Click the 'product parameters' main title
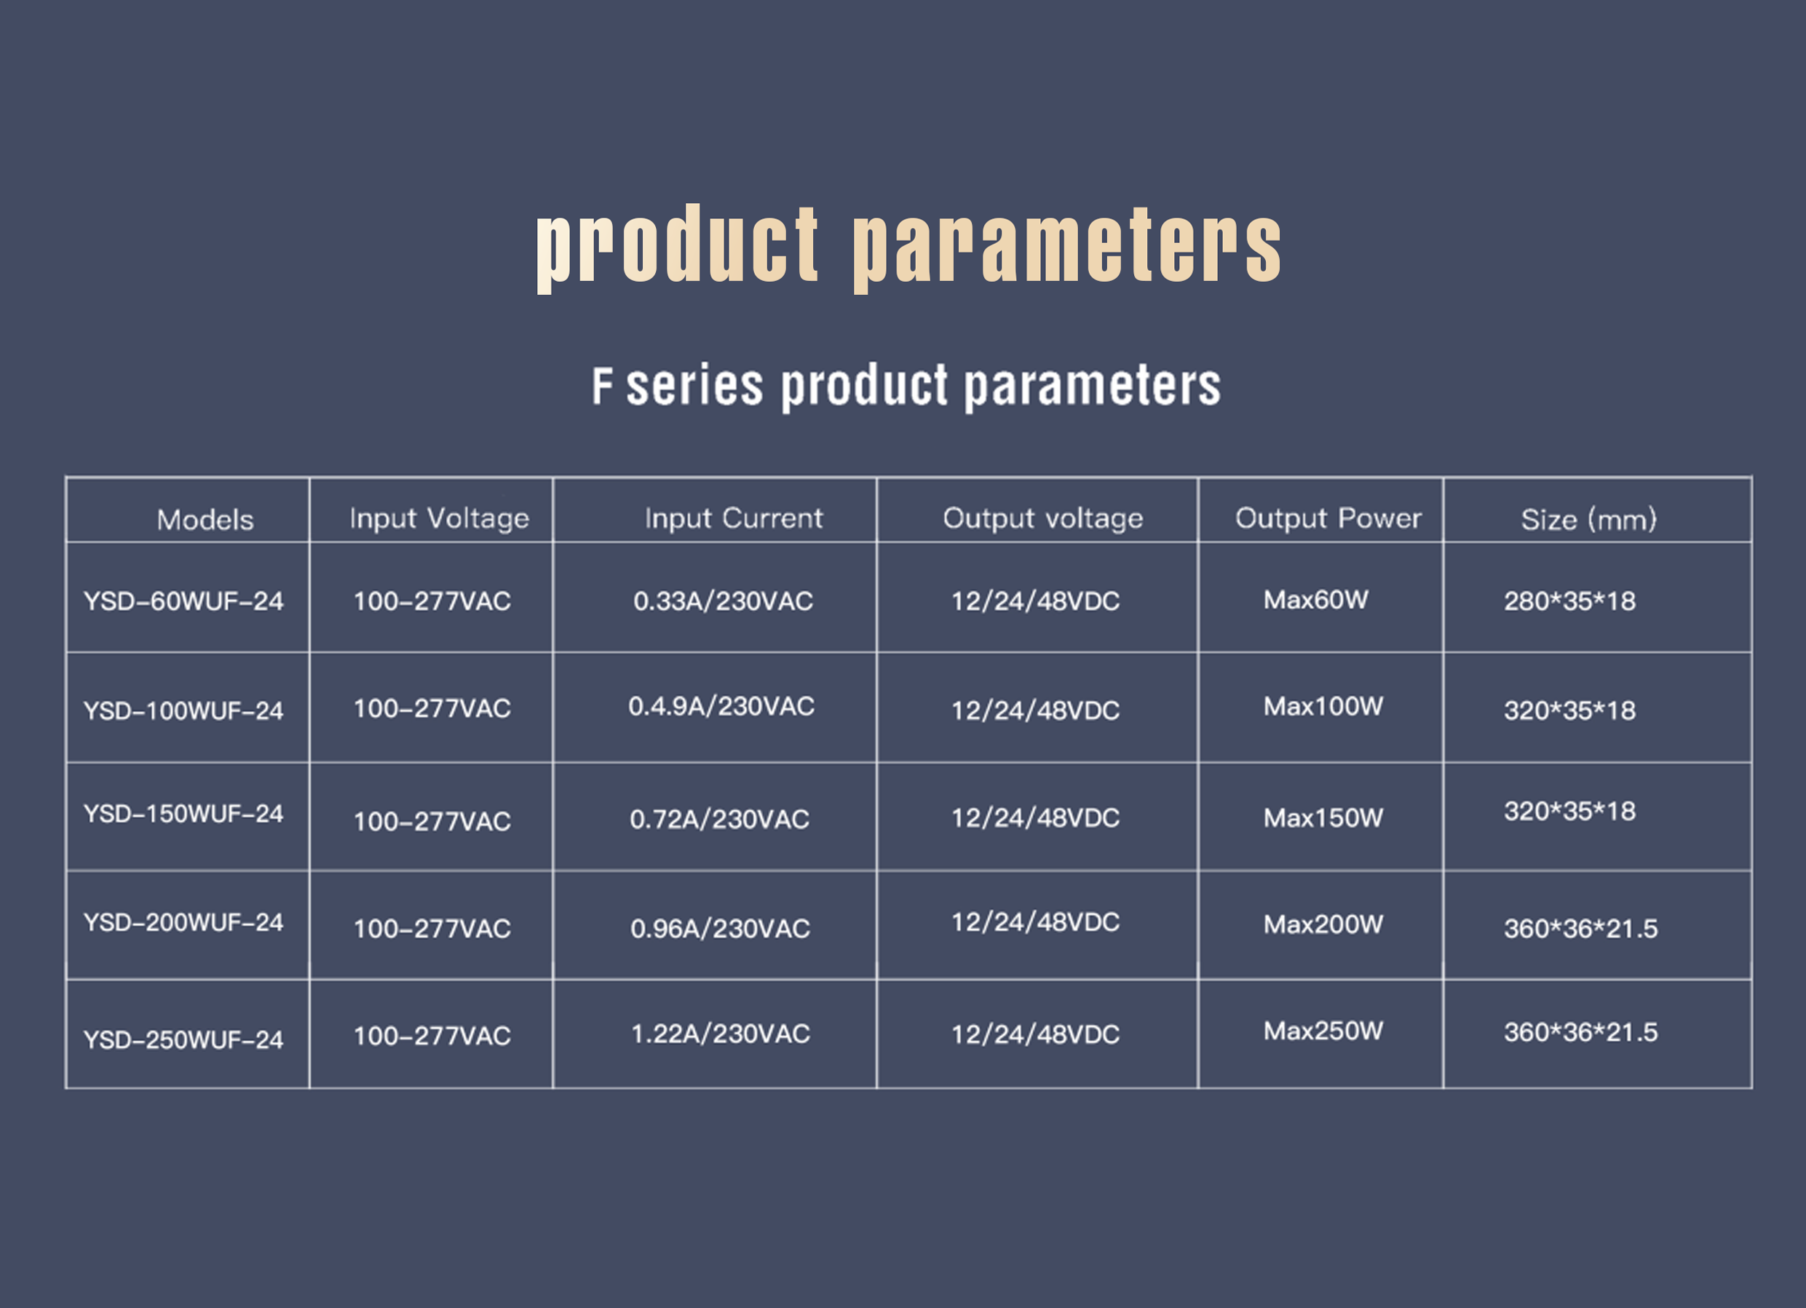[x=908, y=247]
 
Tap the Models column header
[x=205, y=520]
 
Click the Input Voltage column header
[x=440, y=519]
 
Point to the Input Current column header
[x=733, y=518]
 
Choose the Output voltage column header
[x=1043, y=519]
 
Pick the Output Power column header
[x=1328, y=518]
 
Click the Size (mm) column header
[x=1588, y=520]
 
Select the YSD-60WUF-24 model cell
[x=183, y=601]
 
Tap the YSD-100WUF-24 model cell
[x=183, y=711]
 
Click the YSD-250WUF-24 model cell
[x=183, y=1039]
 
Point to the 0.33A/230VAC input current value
[x=723, y=601]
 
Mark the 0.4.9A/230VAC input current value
[x=721, y=706]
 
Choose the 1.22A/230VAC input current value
[x=721, y=1034]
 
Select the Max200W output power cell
[x=1323, y=924]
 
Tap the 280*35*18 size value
[x=1569, y=601]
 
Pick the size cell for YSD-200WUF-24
[x=1580, y=929]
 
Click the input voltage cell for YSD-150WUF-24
[x=432, y=822]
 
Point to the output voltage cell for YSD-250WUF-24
[x=1035, y=1034]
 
